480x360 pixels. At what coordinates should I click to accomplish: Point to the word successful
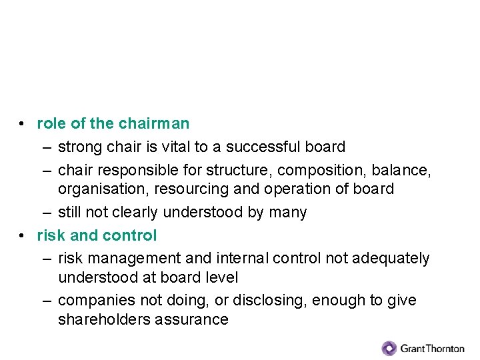[262, 147]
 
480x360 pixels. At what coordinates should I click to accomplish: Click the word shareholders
[104, 319]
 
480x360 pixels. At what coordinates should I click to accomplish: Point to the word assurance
[192, 319]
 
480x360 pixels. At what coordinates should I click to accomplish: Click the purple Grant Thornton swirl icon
[389, 348]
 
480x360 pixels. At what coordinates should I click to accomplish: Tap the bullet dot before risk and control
[23, 236]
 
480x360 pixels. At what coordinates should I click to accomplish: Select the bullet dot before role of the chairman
[23, 124]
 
